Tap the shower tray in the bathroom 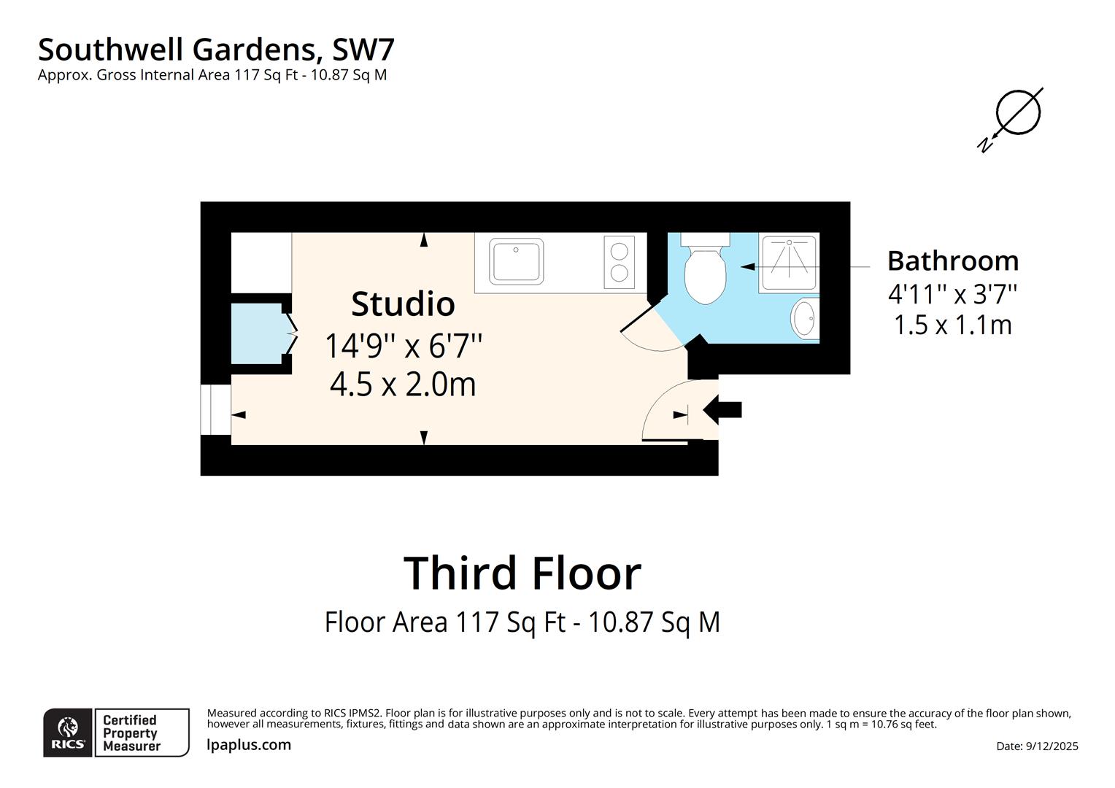(x=788, y=262)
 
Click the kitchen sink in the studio (x=517, y=261)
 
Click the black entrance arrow (x=722, y=409)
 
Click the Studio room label (x=403, y=304)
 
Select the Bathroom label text (x=952, y=260)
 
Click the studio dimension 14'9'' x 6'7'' (x=403, y=345)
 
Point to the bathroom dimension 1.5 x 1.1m (x=952, y=325)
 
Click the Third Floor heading (x=522, y=573)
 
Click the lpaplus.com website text (x=249, y=745)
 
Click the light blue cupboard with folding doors (x=256, y=333)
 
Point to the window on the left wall (x=216, y=409)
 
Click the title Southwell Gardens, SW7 (x=216, y=50)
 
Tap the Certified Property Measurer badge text (x=131, y=733)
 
